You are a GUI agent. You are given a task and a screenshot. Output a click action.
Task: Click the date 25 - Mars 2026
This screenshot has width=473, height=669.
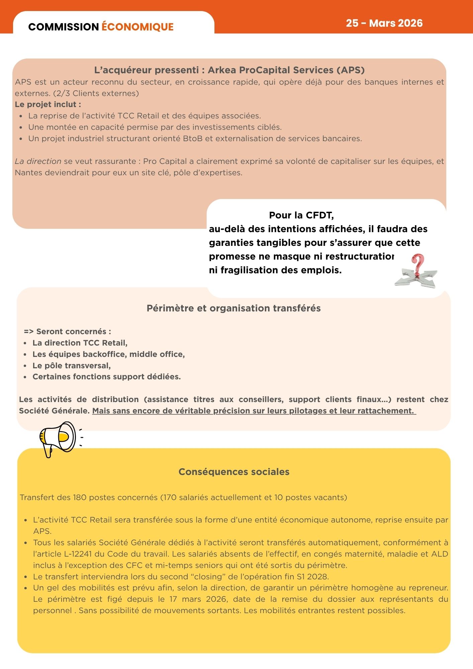384,23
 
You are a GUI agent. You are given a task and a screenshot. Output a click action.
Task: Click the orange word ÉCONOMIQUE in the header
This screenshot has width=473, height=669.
137,27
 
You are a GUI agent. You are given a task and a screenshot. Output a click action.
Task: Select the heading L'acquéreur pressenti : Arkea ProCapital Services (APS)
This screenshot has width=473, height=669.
229,70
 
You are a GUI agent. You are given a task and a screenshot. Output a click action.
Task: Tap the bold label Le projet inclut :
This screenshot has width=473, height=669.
48,104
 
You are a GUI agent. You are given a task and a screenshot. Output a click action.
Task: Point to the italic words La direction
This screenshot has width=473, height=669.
38,161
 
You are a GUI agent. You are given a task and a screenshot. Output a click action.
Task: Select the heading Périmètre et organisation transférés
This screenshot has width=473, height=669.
233,308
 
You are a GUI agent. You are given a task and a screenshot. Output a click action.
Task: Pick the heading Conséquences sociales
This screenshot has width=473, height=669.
234,472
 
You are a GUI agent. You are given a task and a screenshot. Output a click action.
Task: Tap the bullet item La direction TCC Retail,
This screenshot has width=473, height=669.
80,343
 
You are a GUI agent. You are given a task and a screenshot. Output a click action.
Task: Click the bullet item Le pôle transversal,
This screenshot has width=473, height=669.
71,366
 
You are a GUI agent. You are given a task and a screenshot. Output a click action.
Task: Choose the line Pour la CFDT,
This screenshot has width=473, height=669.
301,215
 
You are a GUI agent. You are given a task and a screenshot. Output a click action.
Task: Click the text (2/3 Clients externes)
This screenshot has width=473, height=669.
96,93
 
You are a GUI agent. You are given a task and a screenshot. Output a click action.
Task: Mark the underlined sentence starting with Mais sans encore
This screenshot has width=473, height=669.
254,411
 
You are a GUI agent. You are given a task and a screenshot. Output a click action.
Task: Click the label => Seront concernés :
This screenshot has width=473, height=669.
67,331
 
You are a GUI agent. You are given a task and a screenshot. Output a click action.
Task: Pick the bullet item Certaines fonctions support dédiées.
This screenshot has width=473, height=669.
106,377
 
